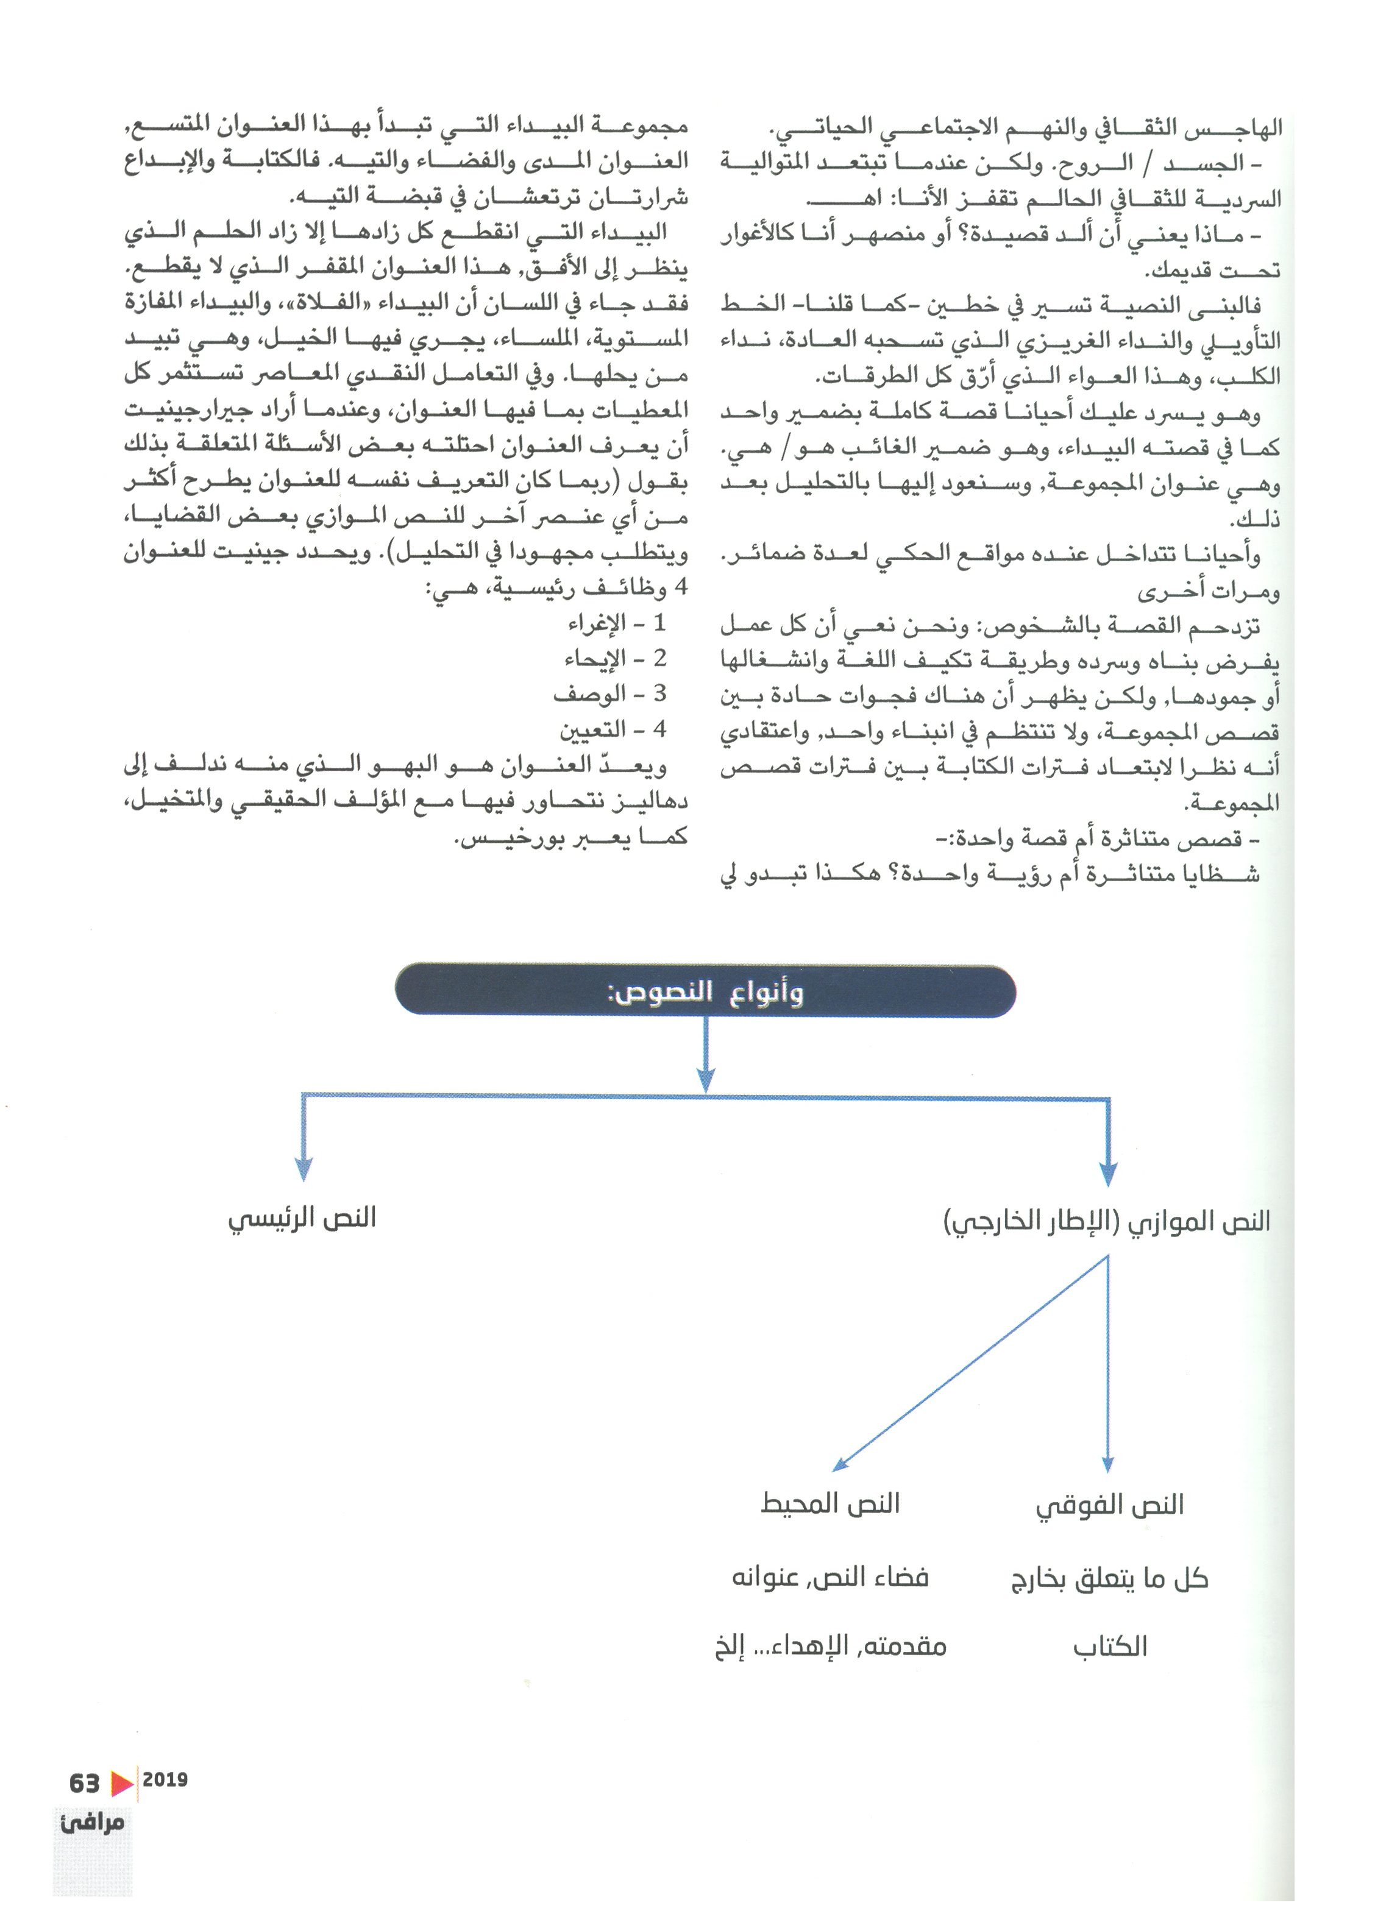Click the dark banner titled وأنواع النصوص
(705, 991)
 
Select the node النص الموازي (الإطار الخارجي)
(1106, 1222)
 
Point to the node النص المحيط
(830, 1504)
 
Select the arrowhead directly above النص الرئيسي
(304, 1168)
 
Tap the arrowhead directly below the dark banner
(706, 1079)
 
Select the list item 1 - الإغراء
(617, 623)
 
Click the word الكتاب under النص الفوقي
(1110, 1647)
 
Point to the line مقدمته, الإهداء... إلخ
(831, 1645)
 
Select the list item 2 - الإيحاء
(615, 659)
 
